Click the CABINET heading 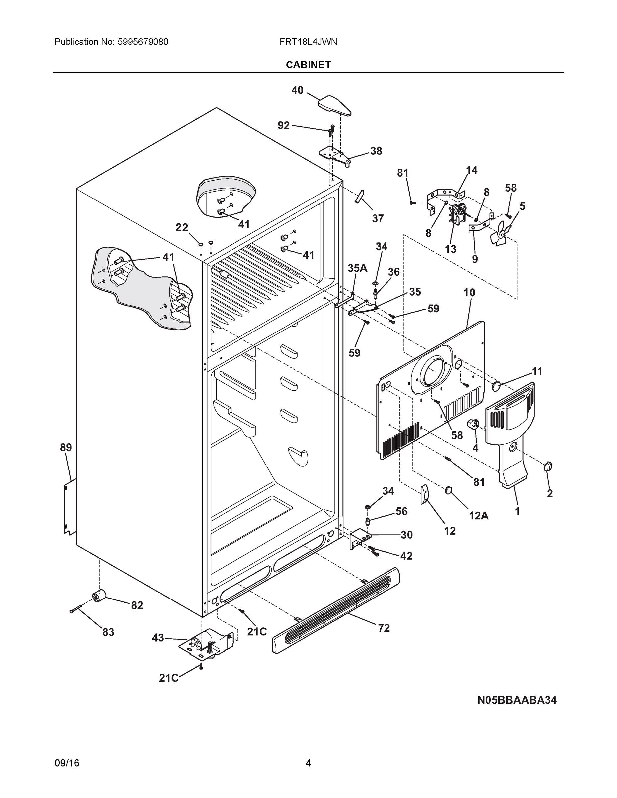(x=308, y=65)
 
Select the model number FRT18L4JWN (x=308, y=42)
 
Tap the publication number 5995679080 (x=143, y=42)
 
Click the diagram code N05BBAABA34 (x=517, y=700)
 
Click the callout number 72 (x=384, y=628)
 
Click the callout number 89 (x=66, y=447)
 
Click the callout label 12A (x=479, y=516)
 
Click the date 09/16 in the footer (x=67, y=763)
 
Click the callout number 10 (x=469, y=292)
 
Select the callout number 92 (x=284, y=125)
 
